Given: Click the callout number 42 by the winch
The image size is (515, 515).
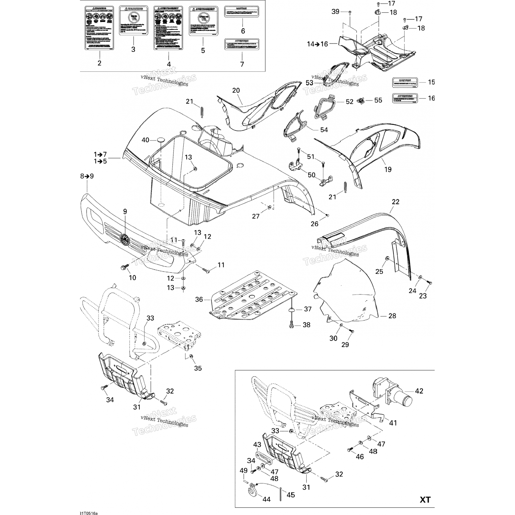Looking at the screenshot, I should click(419, 391).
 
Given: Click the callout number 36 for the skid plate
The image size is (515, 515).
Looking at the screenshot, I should click(199, 299).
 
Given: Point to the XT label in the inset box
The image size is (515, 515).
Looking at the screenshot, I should click(425, 500).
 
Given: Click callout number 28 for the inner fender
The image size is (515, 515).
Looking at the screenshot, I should click(392, 316).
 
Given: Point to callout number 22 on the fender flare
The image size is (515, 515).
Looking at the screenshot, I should click(396, 202).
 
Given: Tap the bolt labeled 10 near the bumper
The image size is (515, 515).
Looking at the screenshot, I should click(124, 266).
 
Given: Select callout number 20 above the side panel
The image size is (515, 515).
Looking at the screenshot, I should click(236, 91).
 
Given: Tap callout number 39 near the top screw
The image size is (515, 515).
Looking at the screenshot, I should click(335, 12).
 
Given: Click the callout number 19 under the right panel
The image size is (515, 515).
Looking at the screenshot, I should click(388, 169).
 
